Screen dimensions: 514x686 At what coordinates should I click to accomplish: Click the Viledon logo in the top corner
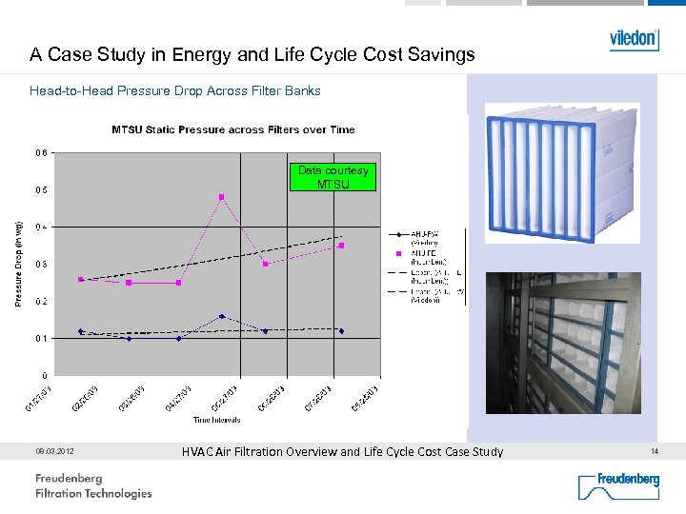click(x=634, y=39)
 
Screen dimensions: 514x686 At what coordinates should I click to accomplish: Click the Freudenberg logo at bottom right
click(x=618, y=484)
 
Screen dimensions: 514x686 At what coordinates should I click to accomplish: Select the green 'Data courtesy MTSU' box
click(x=333, y=177)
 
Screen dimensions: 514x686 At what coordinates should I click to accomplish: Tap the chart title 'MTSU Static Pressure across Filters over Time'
click(x=233, y=129)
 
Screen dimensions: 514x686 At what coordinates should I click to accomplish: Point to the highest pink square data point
click(x=222, y=197)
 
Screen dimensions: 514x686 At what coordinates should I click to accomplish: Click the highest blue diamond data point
click(x=222, y=316)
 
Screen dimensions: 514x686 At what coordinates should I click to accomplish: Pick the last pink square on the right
click(x=341, y=246)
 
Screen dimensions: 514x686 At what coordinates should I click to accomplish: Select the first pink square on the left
click(x=81, y=279)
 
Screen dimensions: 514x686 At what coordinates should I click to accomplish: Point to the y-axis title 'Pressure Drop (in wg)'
click(x=18, y=264)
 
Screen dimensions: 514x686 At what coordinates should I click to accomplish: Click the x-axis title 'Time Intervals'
click(x=218, y=419)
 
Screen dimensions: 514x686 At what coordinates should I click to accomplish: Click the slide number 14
click(x=655, y=451)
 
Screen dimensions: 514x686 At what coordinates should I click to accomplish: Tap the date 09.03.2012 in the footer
click(x=55, y=451)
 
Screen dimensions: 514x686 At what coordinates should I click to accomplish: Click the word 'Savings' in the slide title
click(x=437, y=54)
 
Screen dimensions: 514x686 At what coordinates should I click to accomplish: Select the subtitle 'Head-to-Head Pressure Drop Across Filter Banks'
click(x=175, y=91)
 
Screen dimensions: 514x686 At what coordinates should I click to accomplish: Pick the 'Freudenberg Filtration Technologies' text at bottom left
click(x=93, y=485)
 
